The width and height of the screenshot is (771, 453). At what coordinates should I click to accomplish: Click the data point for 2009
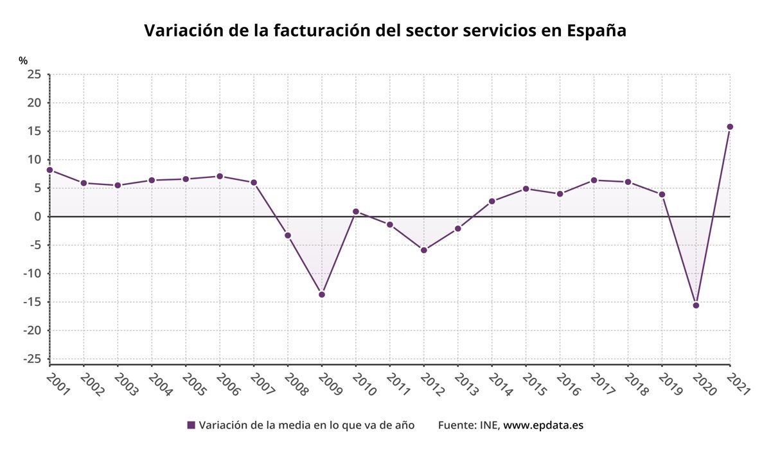pos(322,294)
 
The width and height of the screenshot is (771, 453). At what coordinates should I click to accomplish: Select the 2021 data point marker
pos(730,127)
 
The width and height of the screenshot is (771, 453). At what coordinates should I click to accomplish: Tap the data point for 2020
pos(696,305)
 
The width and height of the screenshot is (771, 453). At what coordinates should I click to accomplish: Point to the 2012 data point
pos(424,250)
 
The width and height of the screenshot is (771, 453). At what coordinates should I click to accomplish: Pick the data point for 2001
pos(50,170)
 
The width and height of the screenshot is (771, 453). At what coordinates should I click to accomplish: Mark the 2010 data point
pos(356,211)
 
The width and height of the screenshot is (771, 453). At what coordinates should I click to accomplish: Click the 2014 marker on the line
pos(492,201)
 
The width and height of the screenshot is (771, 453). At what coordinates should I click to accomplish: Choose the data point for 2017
pos(594,180)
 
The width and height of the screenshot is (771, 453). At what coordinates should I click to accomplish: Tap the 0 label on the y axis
pos(38,217)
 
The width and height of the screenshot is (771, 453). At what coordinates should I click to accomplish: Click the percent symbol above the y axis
pos(24,60)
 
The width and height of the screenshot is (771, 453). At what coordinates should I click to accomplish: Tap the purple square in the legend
pos(191,425)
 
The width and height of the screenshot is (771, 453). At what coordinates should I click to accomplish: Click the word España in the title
pos(596,31)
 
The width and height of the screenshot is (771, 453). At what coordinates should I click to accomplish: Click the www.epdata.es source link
pos(543,425)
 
